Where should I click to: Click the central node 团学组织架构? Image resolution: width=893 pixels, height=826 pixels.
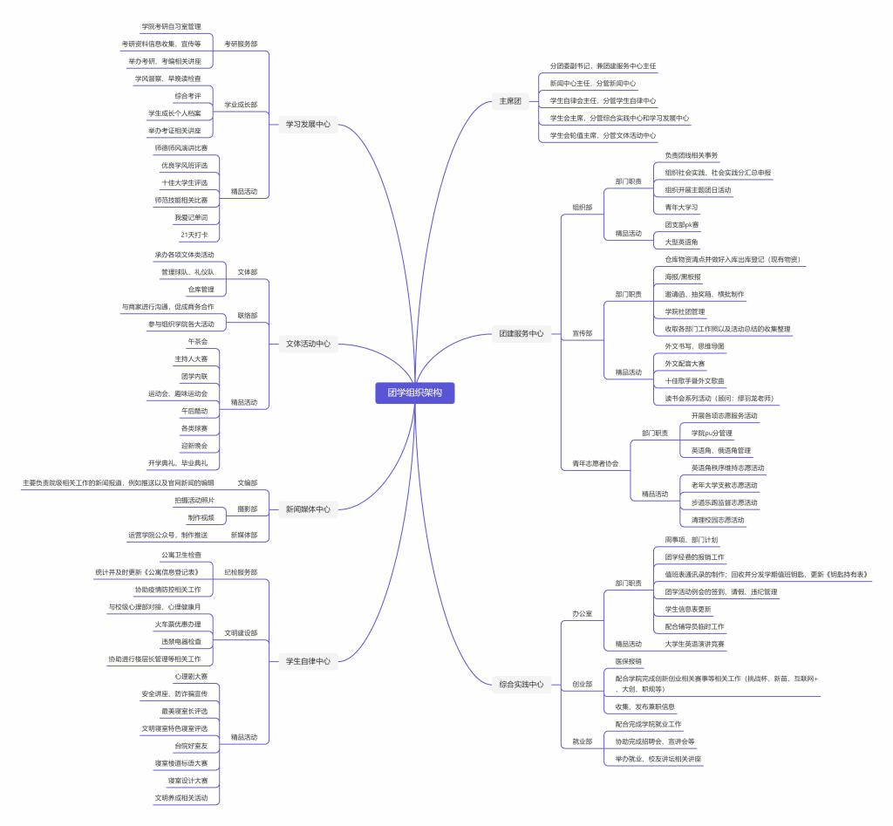coord(414,393)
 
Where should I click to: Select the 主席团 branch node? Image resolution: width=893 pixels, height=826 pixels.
coord(509,101)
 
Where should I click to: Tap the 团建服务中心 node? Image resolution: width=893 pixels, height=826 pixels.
coord(521,333)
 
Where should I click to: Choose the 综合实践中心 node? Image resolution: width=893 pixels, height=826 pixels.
coord(521,684)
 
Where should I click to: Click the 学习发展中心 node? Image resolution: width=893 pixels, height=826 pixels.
coord(308,125)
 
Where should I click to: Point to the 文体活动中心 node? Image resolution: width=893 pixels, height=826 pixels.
coord(308,344)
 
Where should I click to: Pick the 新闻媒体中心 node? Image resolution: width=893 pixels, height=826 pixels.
coord(308,509)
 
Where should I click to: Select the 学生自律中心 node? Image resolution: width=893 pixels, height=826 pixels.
coord(308,661)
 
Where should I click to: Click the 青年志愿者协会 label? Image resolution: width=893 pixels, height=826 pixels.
coord(595,463)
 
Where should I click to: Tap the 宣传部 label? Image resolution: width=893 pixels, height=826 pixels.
coord(582,333)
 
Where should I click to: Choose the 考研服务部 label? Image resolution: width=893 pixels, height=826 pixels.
coord(241,44)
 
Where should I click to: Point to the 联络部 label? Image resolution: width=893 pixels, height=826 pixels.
coord(248,315)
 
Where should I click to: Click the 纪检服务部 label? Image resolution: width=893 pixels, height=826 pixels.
coord(241,572)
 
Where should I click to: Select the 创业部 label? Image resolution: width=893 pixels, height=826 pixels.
coord(582,684)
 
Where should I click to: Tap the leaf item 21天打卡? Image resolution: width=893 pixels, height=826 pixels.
coord(194,235)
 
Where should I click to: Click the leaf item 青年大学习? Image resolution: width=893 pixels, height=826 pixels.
coord(681,208)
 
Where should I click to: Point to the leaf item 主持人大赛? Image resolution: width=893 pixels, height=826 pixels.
coord(191,358)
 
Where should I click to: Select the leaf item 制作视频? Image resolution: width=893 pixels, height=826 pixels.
coord(201,517)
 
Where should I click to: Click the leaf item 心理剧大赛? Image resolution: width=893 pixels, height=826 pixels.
coord(191,676)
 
